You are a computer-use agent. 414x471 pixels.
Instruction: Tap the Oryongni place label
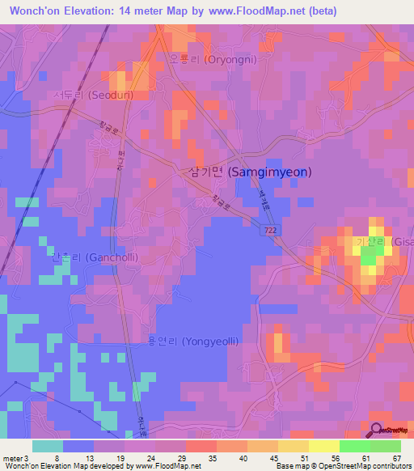coord(211,59)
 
